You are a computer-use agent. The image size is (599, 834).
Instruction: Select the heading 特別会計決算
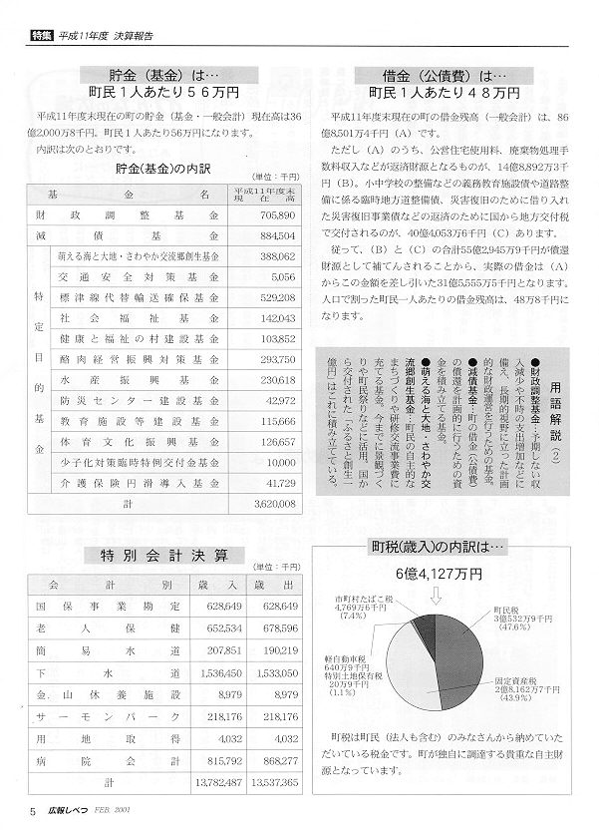164,555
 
